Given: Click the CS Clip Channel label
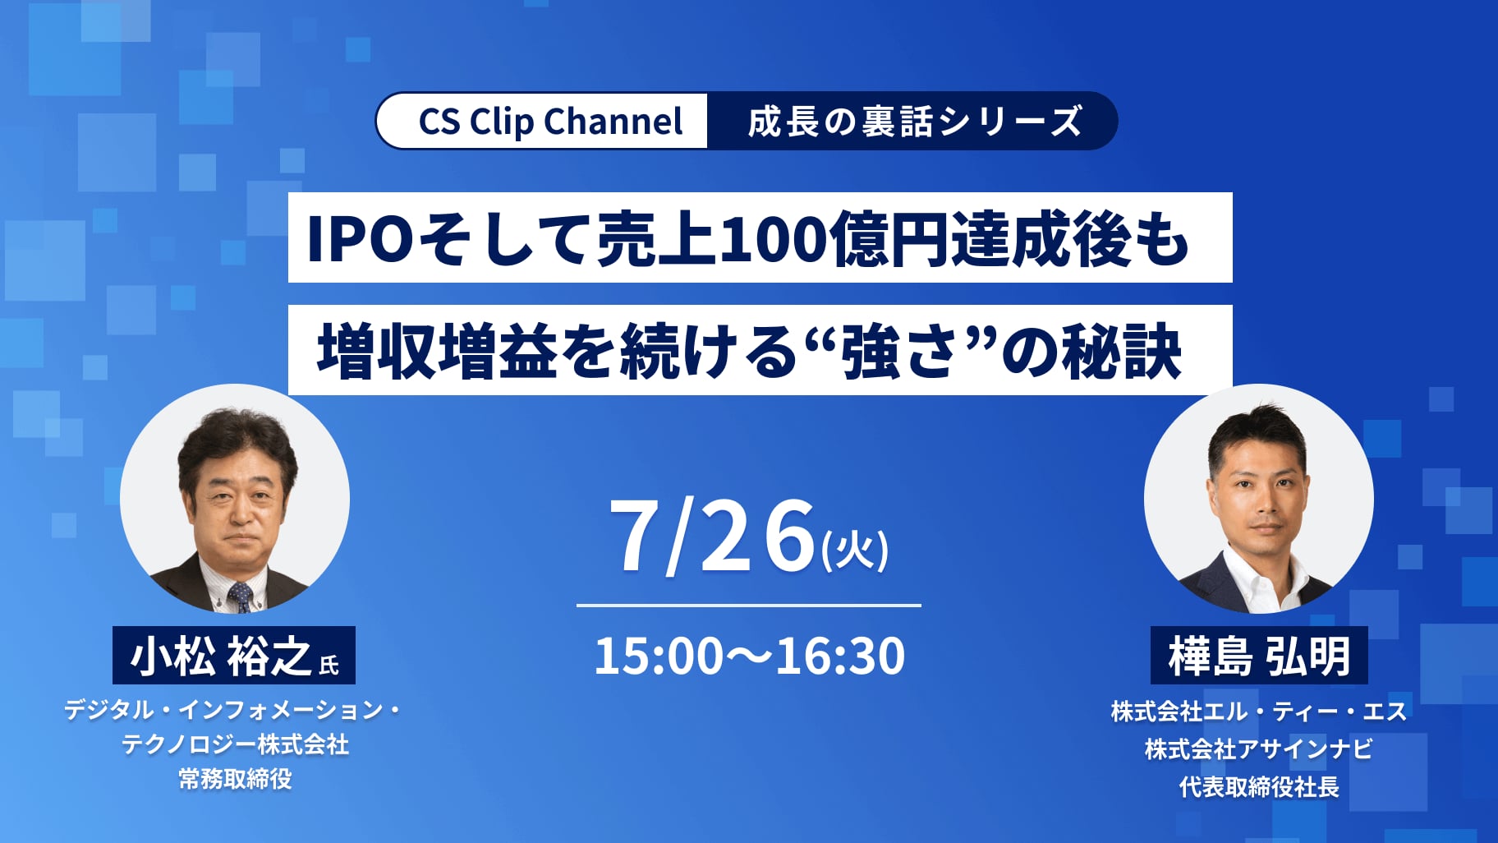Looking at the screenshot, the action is click(550, 121).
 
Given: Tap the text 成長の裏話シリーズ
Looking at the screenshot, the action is click(915, 122).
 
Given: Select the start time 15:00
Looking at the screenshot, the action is click(659, 656).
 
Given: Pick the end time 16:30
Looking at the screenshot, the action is click(839, 656).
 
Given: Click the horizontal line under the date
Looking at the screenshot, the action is click(749, 606).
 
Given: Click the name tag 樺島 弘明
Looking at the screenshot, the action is click(1259, 656).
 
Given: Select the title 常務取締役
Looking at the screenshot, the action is click(236, 779).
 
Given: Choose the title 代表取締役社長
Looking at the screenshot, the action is click(1259, 787).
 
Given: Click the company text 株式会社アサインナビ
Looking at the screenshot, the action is click(1259, 749).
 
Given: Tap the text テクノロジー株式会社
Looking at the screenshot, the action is click(236, 744).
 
